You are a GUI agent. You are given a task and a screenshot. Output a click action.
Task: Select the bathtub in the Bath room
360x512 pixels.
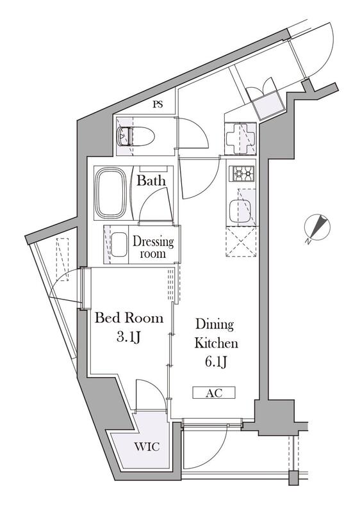(113, 193)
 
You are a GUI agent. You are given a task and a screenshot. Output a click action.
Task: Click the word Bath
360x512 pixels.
(151, 180)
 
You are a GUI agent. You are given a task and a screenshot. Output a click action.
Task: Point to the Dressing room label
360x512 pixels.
(153, 248)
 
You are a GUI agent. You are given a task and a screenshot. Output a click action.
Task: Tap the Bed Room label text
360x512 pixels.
(129, 317)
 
